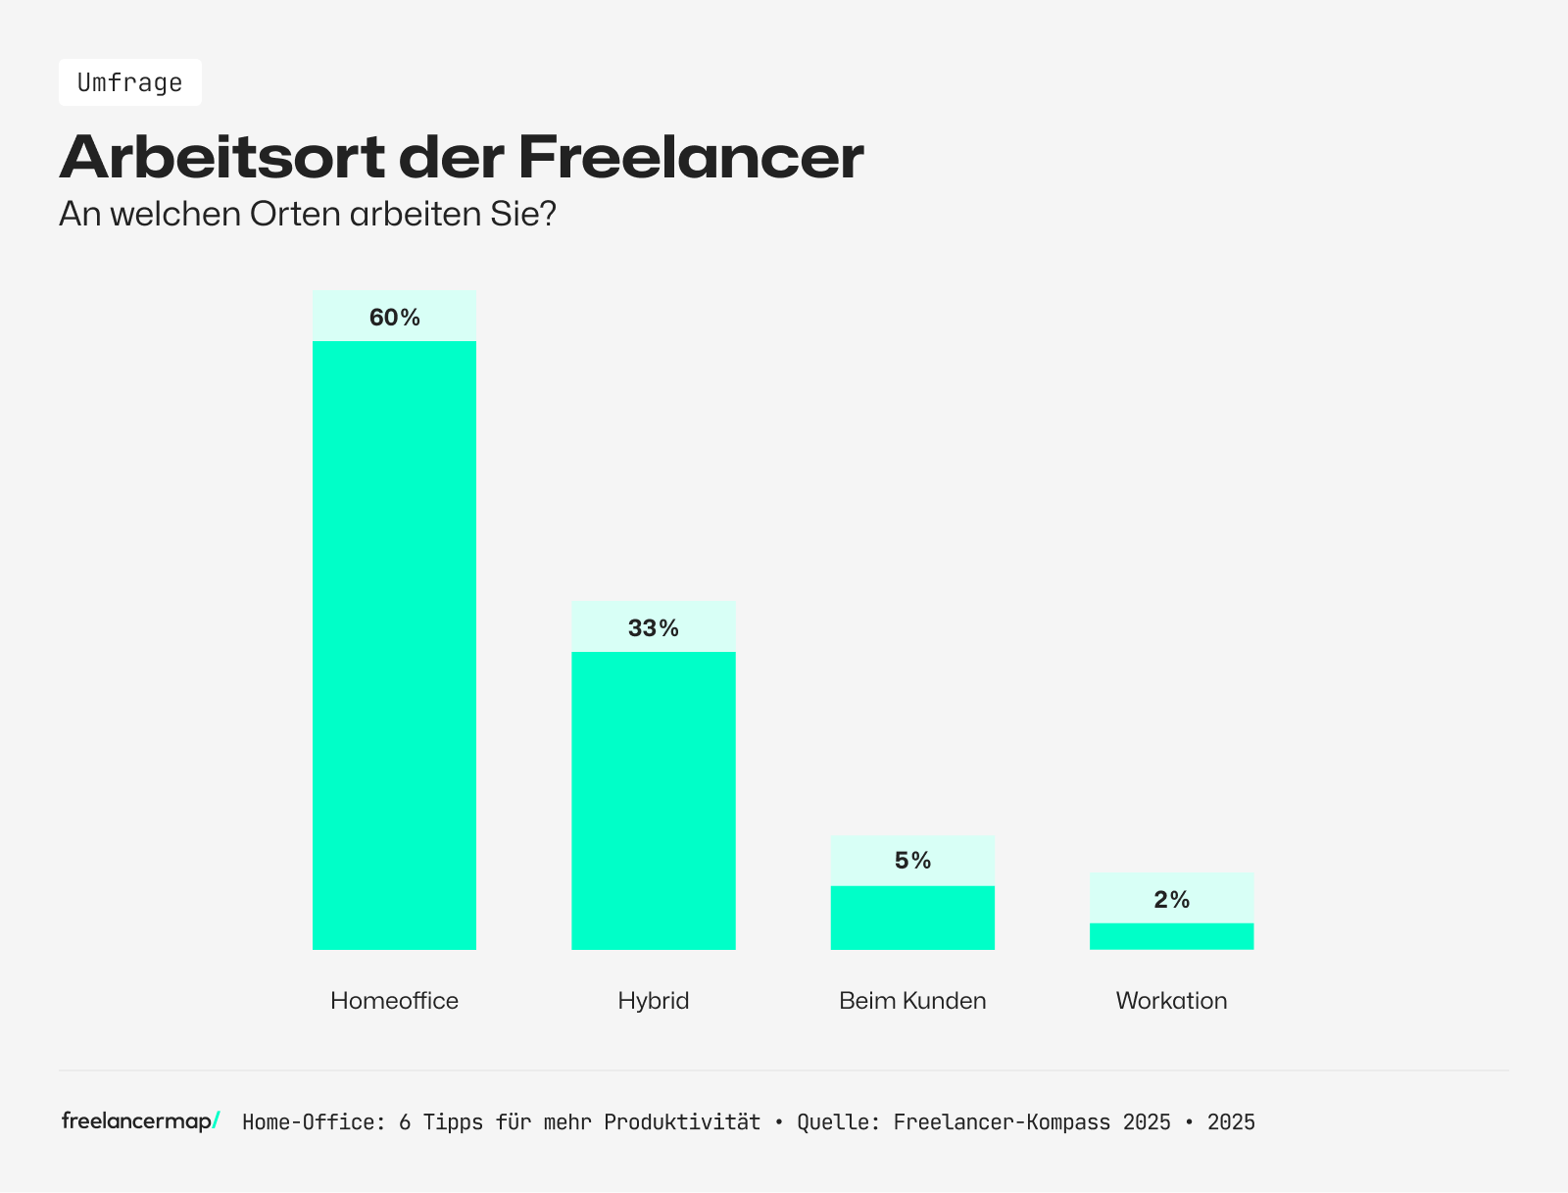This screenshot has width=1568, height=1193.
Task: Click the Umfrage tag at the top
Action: coord(129,82)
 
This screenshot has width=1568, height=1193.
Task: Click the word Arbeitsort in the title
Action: coord(221,157)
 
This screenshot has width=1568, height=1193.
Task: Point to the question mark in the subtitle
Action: coord(548,214)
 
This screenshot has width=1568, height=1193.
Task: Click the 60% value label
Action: coord(394,318)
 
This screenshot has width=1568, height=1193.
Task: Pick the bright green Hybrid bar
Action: coord(654,800)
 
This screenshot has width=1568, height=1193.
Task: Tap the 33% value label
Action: coord(654,628)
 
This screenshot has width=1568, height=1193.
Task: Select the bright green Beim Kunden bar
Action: coord(912,918)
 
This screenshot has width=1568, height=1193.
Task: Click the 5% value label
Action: coord(912,861)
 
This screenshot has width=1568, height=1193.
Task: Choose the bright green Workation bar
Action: coord(1171,936)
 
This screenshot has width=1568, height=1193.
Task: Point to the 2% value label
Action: coord(1171,900)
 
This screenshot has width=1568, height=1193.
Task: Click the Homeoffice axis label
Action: coord(394,1001)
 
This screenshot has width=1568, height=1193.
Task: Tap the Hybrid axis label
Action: coord(654,1001)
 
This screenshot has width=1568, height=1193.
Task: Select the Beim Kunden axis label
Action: coord(912,1001)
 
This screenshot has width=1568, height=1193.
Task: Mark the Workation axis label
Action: coord(1171,1001)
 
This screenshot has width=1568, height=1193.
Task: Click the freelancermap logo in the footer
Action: coord(140,1120)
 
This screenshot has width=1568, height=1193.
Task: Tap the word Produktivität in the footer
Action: coord(681,1122)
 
